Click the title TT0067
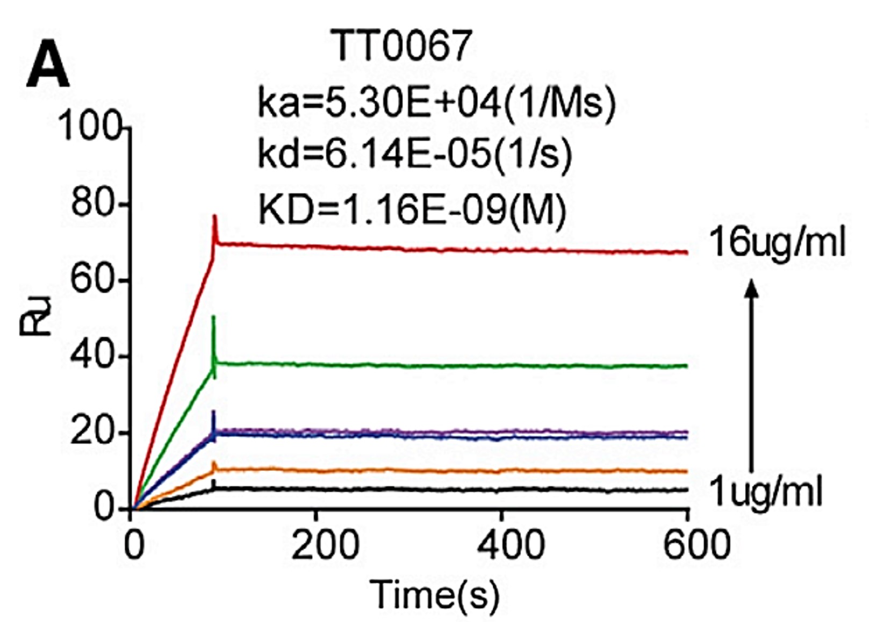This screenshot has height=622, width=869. [x=403, y=46]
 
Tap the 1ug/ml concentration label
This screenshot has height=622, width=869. [x=766, y=491]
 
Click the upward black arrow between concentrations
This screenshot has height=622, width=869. [x=752, y=376]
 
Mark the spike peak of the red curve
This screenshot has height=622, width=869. [x=214, y=216]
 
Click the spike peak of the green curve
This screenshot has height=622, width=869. [x=214, y=317]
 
